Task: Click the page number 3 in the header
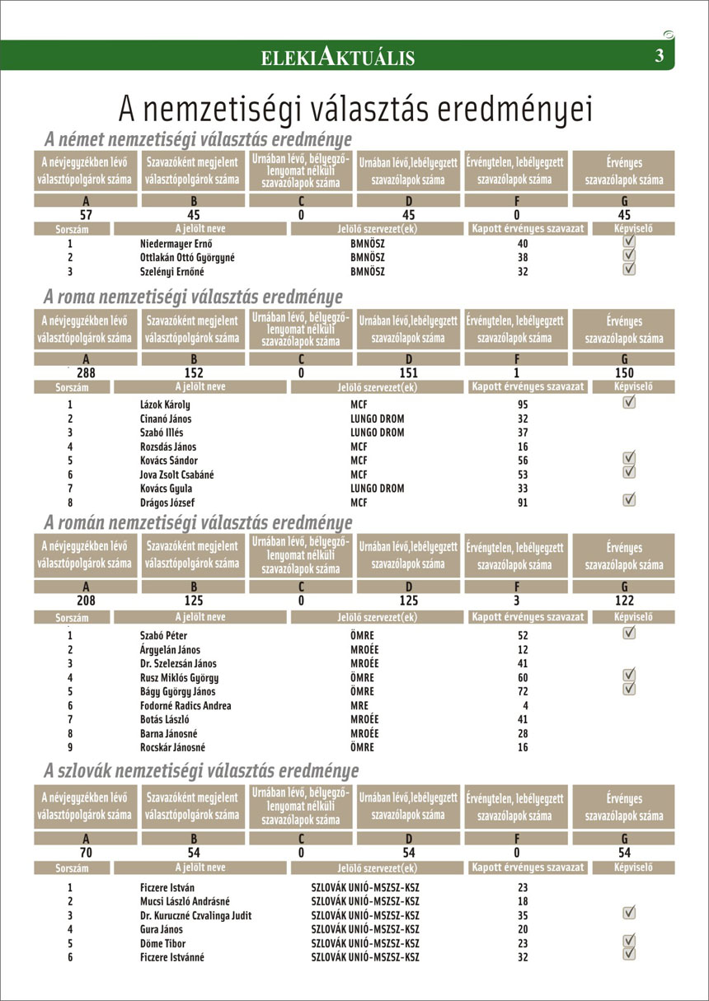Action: click(x=659, y=56)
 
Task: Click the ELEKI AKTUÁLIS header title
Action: click(x=337, y=56)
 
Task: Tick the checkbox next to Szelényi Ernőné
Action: click(x=629, y=269)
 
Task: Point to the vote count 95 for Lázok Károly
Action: click(x=523, y=405)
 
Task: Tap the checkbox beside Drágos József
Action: click(x=629, y=498)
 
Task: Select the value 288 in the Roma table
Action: click(x=87, y=372)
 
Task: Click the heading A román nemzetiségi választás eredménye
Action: click(x=198, y=523)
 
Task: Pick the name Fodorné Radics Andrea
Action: click(x=185, y=705)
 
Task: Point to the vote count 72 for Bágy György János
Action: click(x=523, y=691)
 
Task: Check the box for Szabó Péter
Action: click(x=629, y=633)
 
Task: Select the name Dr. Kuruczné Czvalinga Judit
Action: click(x=195, y=915)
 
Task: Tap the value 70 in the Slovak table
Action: click(x=86, y=853)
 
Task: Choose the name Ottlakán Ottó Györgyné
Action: click(x=187, y=257)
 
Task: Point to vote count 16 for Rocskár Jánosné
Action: click(x=523, y=747)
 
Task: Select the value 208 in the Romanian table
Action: click(x=86, y=601)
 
